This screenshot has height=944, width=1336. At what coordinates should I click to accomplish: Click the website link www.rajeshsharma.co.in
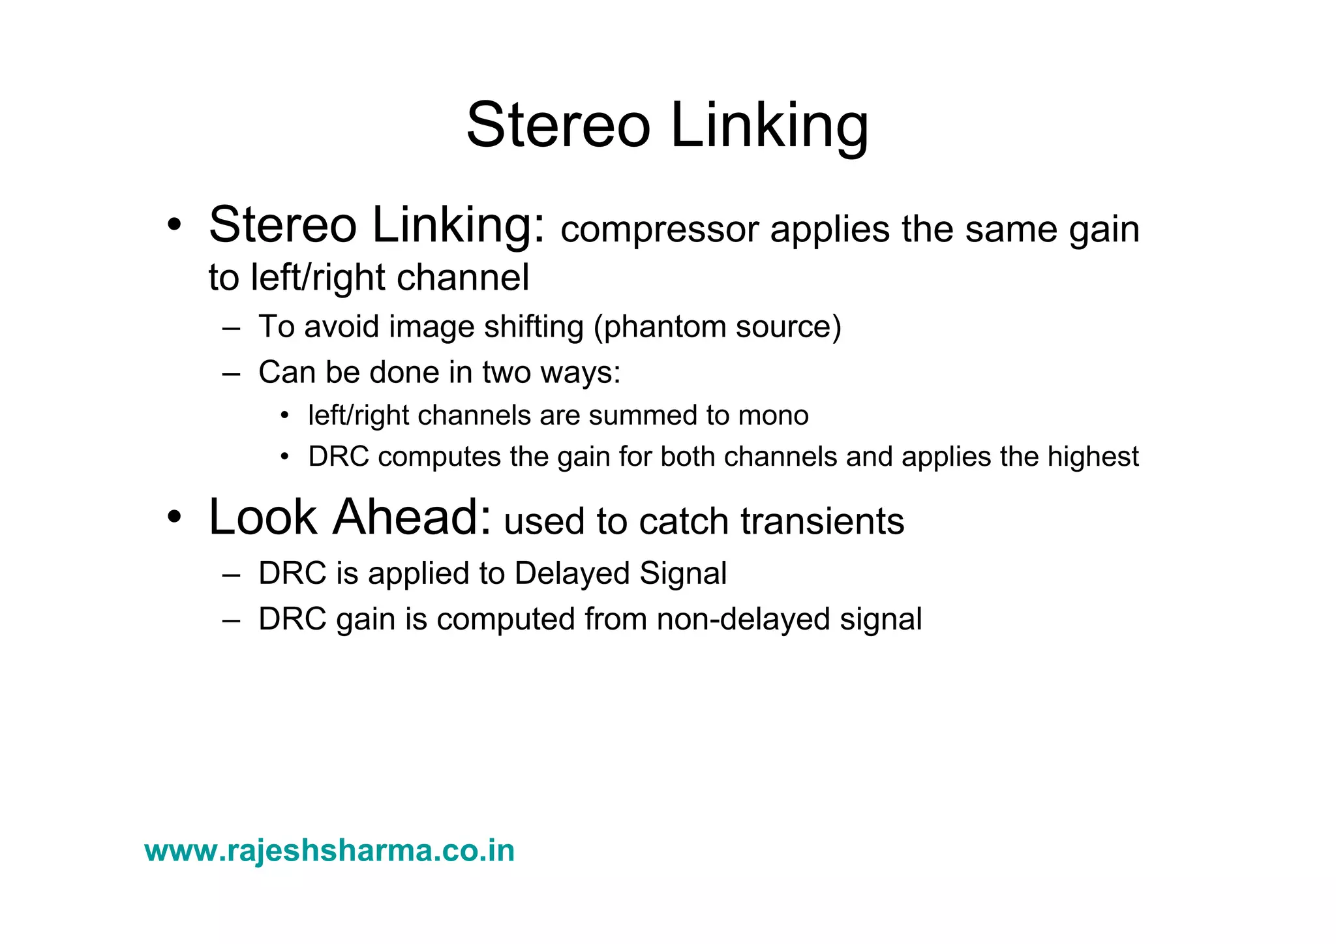329,851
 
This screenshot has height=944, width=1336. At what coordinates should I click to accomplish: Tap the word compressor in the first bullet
660,230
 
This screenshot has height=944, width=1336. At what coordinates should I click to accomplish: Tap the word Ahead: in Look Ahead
412,517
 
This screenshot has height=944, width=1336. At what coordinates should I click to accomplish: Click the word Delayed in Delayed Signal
571,573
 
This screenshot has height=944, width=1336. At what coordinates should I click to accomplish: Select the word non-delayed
742,619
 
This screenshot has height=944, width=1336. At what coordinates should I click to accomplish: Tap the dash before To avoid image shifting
231,327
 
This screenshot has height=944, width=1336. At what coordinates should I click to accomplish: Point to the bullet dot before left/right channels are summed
284,416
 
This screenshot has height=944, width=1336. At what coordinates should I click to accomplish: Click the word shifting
534,327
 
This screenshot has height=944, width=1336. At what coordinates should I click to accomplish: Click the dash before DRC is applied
231,574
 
